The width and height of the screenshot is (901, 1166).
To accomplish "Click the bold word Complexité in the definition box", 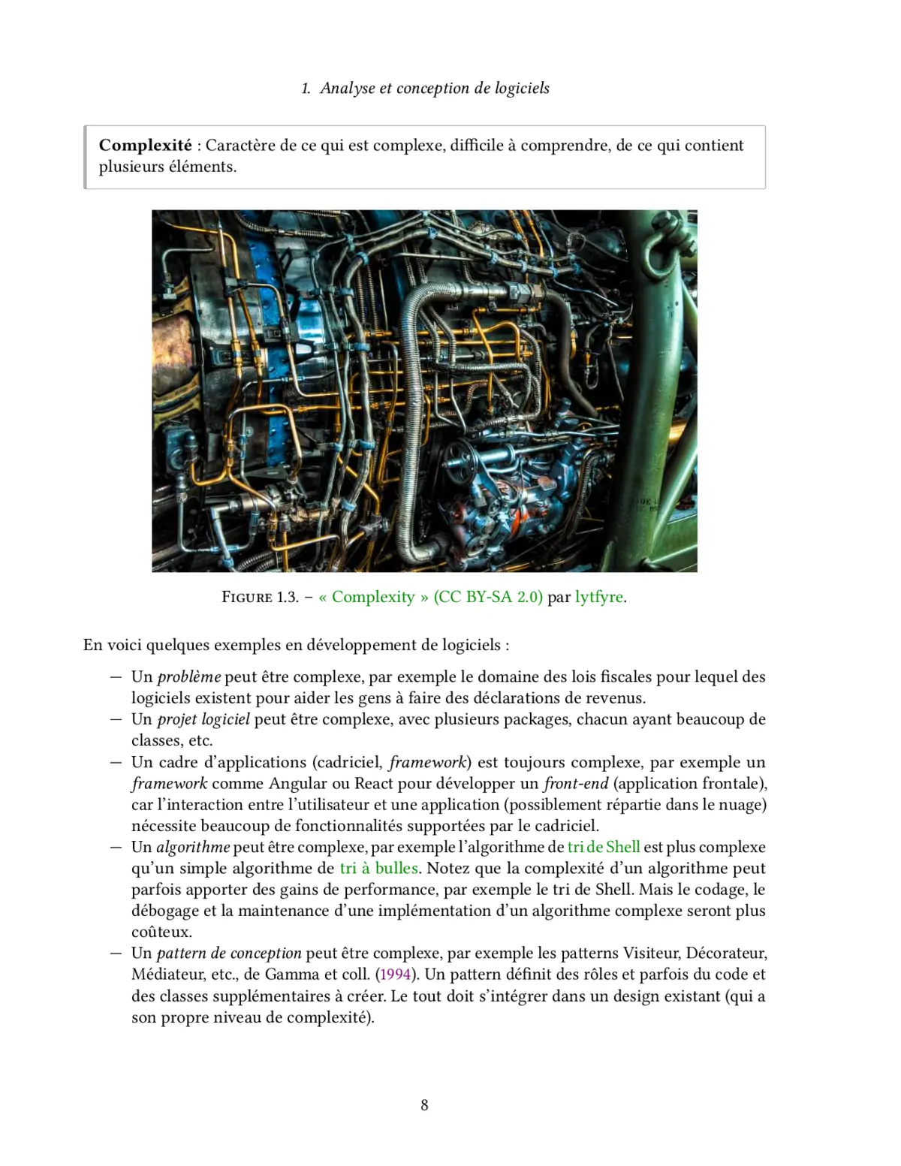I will click(x=145, y=145).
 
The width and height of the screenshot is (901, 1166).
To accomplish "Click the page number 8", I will click(x=424, y=1104).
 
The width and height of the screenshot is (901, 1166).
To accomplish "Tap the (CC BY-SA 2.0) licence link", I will click(x=487, y=597).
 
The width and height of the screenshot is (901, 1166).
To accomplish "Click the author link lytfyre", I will click(x=598, y=597).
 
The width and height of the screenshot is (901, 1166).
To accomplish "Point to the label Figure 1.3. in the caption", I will click(x=260, y=597).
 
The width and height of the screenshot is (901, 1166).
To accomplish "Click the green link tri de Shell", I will click(x=604, y=847).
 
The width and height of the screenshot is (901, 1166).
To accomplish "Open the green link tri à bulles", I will click(x=378, y=868).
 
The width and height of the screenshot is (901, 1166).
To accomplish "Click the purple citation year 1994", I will click(x=395, y=975).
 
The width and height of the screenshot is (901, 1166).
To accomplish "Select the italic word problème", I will click(x=188, y=676).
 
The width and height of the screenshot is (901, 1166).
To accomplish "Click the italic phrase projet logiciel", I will click(x=203, y=719).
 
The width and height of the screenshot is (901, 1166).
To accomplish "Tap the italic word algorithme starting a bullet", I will click(x=193, y=847).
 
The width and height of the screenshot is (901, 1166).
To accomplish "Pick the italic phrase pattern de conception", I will click(x=228, y=953).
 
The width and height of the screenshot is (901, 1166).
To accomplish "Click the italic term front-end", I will click(x=575, y=783).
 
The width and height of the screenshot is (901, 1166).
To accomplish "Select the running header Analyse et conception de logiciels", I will click(x=435, y=88).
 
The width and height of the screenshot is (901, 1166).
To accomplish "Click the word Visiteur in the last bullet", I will click(x=651, y=953).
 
